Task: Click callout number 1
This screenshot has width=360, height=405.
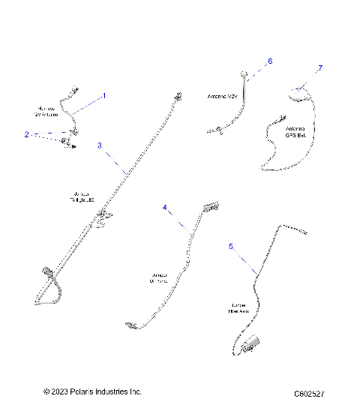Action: click(103, 96)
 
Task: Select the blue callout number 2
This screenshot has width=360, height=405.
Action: click(26, 135)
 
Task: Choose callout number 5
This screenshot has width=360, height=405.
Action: click(231, 245)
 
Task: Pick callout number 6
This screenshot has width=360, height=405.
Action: click(270, 61)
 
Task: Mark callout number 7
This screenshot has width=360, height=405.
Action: click(320, 68)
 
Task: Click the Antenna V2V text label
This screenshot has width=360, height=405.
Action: click(221, 97)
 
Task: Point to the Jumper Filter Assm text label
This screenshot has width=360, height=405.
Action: click(241, 307)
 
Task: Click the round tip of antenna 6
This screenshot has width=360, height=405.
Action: click(244, 73)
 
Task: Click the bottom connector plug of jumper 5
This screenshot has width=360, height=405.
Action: click(250, 344)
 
